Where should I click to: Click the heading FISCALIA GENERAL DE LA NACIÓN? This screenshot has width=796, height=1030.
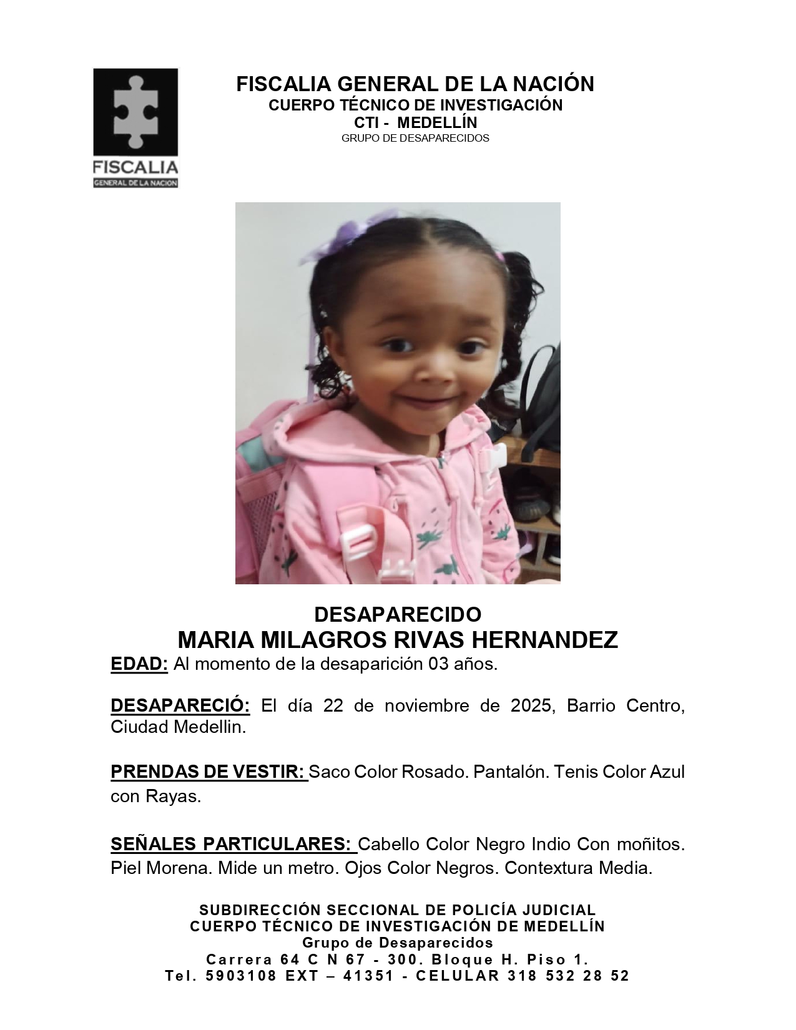415,84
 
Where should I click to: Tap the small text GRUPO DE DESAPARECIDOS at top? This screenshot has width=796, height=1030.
415,138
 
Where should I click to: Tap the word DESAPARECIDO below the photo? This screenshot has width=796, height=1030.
398,614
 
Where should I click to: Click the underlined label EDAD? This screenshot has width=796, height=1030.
139,664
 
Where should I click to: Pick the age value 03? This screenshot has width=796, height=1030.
438,664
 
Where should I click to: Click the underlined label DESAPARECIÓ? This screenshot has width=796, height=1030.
180,706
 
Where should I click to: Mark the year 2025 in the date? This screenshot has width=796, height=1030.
531,706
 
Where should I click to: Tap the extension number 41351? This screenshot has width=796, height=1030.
369,976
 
